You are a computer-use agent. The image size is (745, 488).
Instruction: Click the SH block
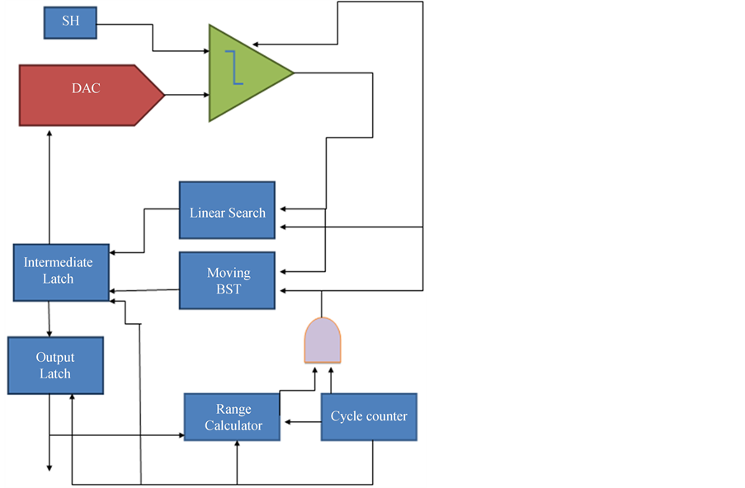coord(70,22)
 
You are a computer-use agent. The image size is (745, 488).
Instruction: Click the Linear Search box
coord(227,210)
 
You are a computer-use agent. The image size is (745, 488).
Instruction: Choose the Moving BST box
coord(227,280)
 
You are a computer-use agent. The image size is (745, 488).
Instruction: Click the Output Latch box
coord(55,365)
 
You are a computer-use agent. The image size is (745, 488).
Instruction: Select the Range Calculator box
coord(232,417)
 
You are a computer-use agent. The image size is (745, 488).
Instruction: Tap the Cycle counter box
coord(369,416)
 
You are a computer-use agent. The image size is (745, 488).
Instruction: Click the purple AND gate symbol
coord(323,340)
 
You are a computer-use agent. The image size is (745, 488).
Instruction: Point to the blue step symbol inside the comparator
coord(236,67)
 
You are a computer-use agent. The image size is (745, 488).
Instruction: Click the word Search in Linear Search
coord(246,213)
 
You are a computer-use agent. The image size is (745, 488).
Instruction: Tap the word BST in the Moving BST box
coord(229,289)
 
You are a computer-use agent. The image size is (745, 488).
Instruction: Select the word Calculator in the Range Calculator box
coord(233,425)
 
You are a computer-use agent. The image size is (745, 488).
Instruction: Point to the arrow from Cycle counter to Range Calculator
coord(301,422)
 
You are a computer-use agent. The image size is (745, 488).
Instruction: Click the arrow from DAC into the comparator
coord(187,95)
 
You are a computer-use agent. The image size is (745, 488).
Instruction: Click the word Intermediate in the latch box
coord(58,263)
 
